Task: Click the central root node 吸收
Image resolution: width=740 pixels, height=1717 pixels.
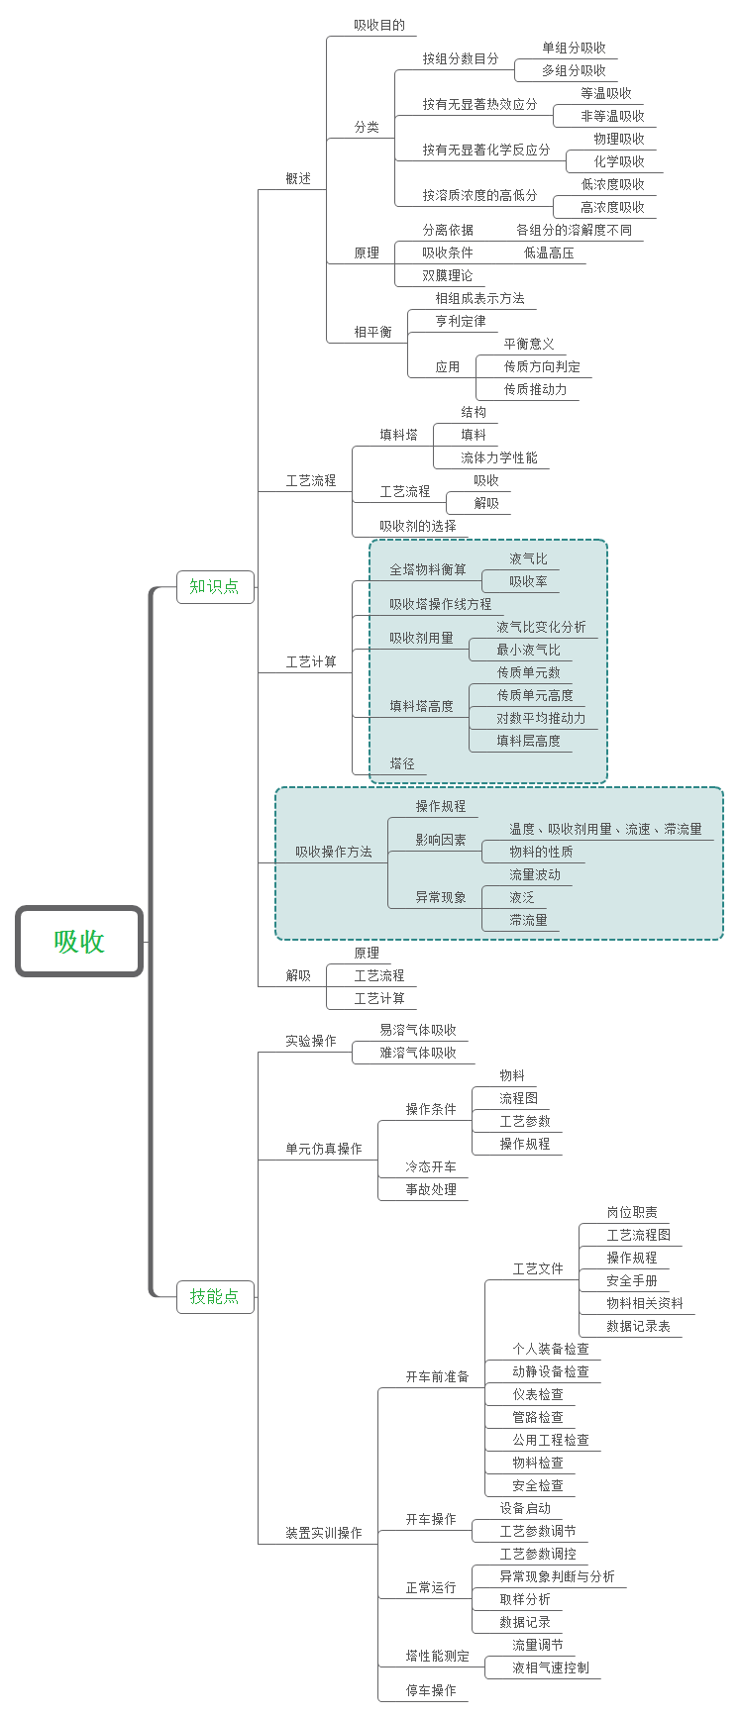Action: click(x=79, y=942)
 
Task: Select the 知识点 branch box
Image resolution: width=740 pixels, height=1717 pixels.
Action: click(x=214, y=586)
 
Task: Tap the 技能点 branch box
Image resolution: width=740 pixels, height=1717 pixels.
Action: click(x=214, y=1296)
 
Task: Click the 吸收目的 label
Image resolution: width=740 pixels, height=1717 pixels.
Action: click(x=379, y=25)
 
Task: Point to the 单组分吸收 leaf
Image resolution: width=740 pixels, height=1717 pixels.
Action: click(x=574, y=48)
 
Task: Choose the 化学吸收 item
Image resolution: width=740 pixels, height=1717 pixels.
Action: click(x=619, y=161)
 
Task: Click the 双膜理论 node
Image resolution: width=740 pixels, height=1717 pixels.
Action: click(x=448, y=275)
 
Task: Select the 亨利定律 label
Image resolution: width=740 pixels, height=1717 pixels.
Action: click(x=461, y=321)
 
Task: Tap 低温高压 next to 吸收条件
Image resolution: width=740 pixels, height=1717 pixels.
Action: click(x=549, y=252)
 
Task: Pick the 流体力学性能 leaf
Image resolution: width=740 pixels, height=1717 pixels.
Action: click(x=499, y=457)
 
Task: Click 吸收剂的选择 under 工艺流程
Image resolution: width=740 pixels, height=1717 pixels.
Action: click(x=418, y=526)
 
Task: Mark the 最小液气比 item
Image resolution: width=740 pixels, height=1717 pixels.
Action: click(x=528, y=650)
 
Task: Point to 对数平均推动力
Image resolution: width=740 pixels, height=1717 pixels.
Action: click(x=541, y=718)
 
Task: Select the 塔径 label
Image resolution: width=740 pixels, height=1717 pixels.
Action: click(x=402, y=763)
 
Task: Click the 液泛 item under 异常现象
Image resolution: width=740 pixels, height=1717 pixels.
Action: click(x=522, y=897)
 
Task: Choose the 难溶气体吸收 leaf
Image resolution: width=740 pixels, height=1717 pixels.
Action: click(x=418, y=1053)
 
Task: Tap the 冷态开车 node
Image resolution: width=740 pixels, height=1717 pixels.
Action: click(x=431, y=1166)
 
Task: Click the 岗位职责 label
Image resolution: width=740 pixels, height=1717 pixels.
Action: click(x=632, y=1212)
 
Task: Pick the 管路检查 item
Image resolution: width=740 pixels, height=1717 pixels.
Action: click(x=538, y=1417)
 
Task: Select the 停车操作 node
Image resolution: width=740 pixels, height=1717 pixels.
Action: click(x=431, y=1690)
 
